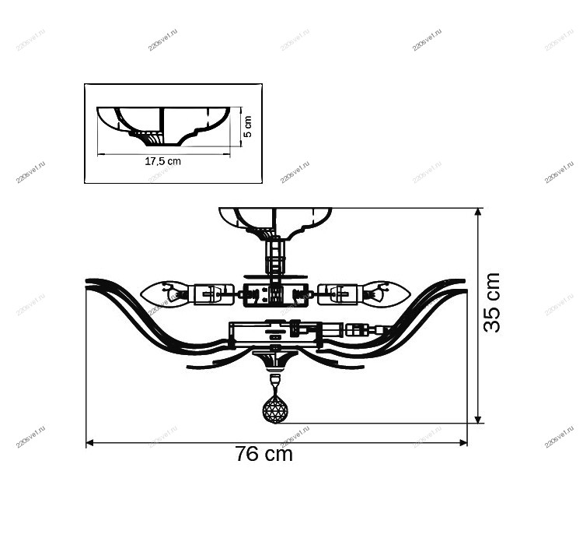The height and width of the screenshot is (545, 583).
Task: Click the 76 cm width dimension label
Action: tap(264, 455)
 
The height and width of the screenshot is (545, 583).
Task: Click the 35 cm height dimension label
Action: tap(492, 303)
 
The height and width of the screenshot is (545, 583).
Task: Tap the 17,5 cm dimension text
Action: tap(162, 162)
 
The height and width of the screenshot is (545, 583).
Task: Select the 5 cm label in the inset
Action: tap(248, 127)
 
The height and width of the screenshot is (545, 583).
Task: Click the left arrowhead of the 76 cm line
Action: tap(89, 443)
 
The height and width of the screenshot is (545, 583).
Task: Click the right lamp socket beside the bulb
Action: tap(339, 294)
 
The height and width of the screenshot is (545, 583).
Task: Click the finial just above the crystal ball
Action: tap(274, 381)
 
